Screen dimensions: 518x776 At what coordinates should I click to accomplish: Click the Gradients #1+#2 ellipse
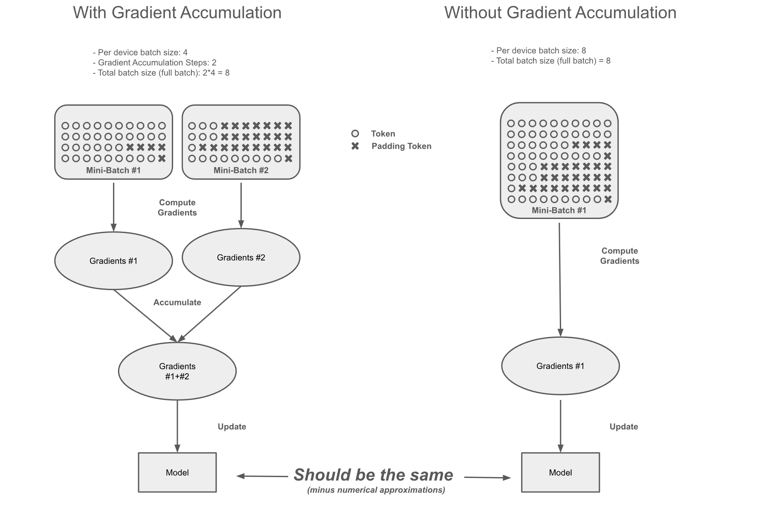point(177,371)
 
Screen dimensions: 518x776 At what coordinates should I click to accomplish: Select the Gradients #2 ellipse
point(241,257)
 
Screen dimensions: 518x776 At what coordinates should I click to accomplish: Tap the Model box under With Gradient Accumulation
point(177,472)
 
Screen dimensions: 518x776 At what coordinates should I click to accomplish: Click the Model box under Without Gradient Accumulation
point(560,472)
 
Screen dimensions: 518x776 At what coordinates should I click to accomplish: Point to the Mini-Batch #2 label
point(241,170)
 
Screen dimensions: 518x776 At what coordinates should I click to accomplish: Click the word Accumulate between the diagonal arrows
point(177,302)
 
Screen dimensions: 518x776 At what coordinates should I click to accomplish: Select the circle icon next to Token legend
point(355,134)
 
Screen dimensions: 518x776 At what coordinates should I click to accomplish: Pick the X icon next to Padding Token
point(355,146)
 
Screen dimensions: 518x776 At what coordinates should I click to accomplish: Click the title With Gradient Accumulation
point(177,13)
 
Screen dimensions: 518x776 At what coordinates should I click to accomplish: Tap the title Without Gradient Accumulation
point(560,13)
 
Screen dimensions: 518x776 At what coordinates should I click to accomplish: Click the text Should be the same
point(373,475)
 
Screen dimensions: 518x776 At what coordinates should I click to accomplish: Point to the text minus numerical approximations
point(376,490)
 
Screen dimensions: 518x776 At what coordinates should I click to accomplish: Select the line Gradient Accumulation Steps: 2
point(154,63)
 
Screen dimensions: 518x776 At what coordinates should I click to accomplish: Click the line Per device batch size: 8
point(539,51)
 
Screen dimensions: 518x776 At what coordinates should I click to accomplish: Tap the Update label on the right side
point(623,427)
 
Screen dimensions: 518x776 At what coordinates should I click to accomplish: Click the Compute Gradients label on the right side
point(620,256)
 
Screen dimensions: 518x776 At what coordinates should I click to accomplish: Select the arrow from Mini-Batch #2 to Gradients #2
point(241,204)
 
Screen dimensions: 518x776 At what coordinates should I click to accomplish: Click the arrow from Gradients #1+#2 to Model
point(177,426)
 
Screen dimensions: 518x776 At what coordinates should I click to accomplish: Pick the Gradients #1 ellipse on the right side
point(560,366)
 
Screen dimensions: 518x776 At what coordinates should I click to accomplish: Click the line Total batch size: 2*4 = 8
point(161,73)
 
